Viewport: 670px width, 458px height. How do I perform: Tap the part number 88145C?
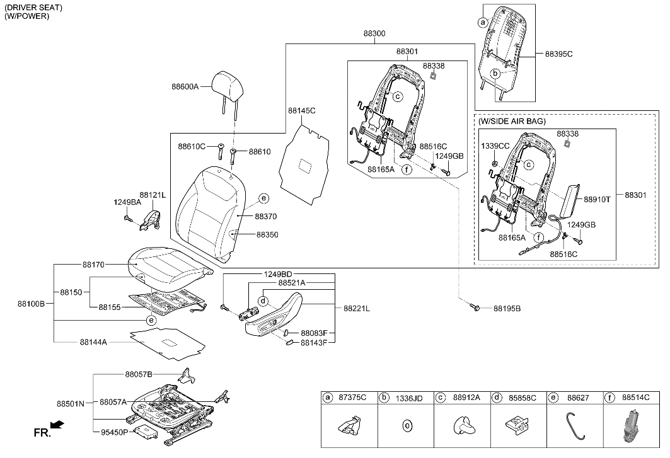[x=301, y=111]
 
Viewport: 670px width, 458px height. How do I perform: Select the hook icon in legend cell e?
[x=574, y=423]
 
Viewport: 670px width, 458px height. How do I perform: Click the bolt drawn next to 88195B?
[x=476, y=308]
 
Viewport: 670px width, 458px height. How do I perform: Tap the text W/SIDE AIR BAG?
[x=512, y=121]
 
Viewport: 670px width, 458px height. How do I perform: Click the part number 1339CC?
[x=495, y=146]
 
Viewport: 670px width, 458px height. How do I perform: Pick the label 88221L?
[x=357, y=309]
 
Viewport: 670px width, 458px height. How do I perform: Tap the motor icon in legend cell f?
[x=630, y=425]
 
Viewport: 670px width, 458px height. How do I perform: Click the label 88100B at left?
[x=32, y=304]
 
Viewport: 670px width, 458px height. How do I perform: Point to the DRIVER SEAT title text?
[x=33, y=8]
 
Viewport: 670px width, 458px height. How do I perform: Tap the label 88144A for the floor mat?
[x=93, y=342]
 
